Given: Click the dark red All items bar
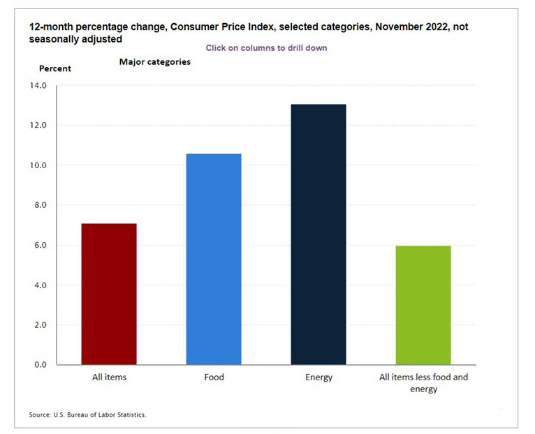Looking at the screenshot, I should pos(109,294).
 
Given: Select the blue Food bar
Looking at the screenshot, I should pos(214,259).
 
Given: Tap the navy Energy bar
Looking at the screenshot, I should pos(318,234).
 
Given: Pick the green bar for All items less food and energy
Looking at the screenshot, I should pos(423,305).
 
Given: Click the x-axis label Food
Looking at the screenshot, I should pos(214,377).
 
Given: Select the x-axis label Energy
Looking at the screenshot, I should pos(318,377).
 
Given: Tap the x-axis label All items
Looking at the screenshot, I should pos(109,377).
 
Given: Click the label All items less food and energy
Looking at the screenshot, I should pos(423,383).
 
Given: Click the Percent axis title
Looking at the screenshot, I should pos(55,68).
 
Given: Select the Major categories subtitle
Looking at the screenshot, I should pos(155,62).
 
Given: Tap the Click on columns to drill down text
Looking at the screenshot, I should pos(266,48).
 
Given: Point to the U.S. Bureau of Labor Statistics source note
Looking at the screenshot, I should pos(88,415).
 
